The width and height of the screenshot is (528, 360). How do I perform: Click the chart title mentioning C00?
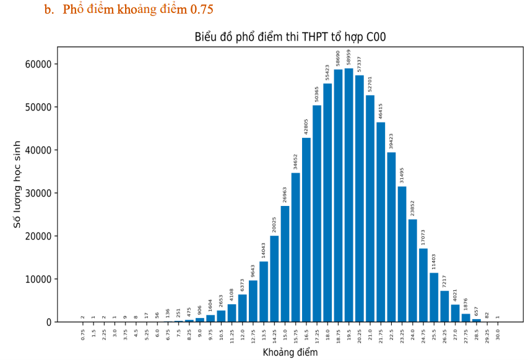click(290, 38)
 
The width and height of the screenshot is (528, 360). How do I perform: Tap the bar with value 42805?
click(306, 229)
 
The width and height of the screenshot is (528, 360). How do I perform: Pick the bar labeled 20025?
click(274, 278)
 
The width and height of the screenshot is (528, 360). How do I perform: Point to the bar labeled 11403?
click(434, 297)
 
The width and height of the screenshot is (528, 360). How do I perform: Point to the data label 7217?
click(444, 280)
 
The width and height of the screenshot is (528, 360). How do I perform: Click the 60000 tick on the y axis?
click(38, 64)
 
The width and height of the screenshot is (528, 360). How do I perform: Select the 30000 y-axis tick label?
click(38, 193)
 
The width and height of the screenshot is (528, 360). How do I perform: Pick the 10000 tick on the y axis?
click(38, 279)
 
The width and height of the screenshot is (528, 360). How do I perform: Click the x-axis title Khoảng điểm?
click(290, 353)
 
